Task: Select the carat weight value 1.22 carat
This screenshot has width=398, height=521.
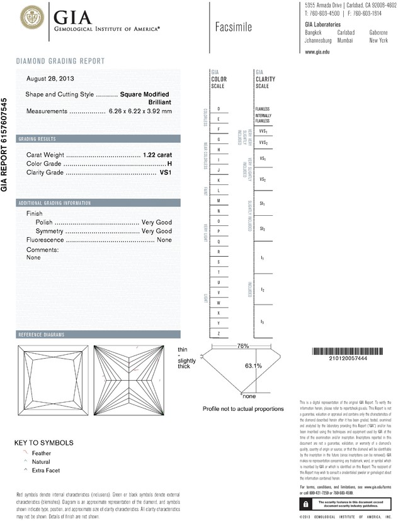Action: pos(157,154)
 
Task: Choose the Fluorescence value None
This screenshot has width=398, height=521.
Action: pos(164,240)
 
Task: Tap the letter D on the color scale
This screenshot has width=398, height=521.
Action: pos(218,109)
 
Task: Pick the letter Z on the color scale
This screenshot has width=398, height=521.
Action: pos(218,333)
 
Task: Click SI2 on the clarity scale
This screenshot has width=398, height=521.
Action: pos(263,229)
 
